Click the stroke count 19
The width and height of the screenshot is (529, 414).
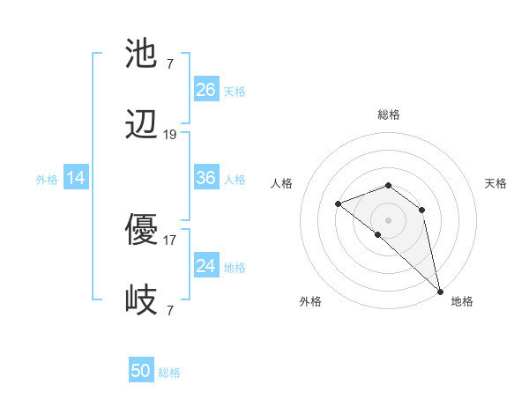(170, 135)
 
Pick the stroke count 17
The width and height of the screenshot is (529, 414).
(170, 240)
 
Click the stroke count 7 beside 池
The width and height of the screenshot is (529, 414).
(170, 63)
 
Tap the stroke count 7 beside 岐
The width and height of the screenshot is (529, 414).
(170, 311)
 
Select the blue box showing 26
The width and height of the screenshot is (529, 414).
(206, 89)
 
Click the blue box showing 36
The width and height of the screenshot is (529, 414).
(206, 178)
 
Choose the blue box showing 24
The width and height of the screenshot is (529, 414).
(206, 266)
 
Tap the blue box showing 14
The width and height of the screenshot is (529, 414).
(76, 178)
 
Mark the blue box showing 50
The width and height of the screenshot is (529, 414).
(141, 371)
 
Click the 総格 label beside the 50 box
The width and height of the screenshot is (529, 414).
(169, 373)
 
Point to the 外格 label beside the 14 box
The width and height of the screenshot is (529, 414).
(47, 180)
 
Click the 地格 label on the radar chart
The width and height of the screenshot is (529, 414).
(462, 301)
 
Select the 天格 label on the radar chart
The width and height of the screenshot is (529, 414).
(495, 183)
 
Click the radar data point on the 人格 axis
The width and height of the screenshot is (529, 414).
(338, 204)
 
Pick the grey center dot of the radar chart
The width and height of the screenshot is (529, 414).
(388, 219)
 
